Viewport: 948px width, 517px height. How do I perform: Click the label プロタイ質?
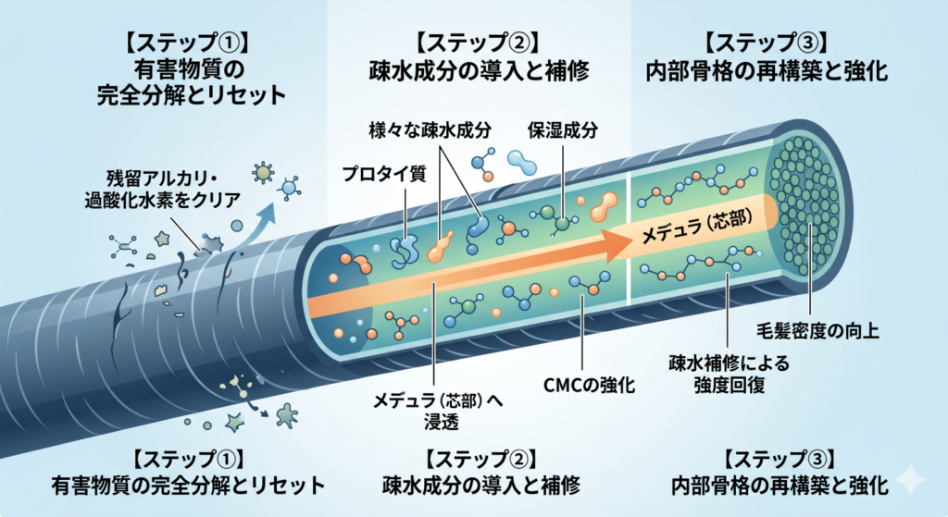click(x=384, y=174)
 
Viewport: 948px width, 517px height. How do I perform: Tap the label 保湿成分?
click(x=563, y=129)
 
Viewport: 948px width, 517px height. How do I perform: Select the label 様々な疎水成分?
click(x=430, y=129)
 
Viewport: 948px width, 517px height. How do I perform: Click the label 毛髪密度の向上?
click(x=818, y=330)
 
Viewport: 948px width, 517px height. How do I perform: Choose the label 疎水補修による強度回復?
click(x=730, y=374)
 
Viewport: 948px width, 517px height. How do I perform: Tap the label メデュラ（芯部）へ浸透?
click(x=438, y=411)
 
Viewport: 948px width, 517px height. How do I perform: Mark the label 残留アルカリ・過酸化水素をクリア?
click(x=162, y=189)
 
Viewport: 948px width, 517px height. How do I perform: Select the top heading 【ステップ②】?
click(x=479, y=43)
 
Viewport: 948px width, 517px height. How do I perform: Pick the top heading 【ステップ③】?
click(x=767, y=43)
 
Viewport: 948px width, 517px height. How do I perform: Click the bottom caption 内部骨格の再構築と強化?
click(x=780, y=485)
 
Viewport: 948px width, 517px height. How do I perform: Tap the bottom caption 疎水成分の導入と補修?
click(x=481, y=485)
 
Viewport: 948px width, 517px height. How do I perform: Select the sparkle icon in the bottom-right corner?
click(x=910, y=480)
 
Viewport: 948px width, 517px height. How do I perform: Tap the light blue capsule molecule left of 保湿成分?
click(x=521, y=161)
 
